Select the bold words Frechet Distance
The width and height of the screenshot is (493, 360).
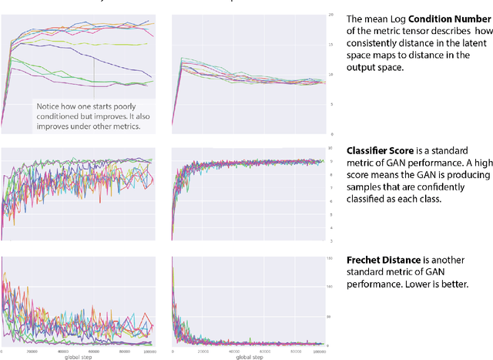click(x=378, y=261)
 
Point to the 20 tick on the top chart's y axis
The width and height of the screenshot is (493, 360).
click(x=330, y=15)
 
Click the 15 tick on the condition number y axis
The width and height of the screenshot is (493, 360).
click(x=330, y=45)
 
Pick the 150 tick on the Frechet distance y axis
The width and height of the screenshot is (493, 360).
click(x=330, y=258)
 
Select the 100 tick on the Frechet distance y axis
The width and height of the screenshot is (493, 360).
click(x=330, y=287)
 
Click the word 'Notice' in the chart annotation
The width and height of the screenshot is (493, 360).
click(x=47, y=106)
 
